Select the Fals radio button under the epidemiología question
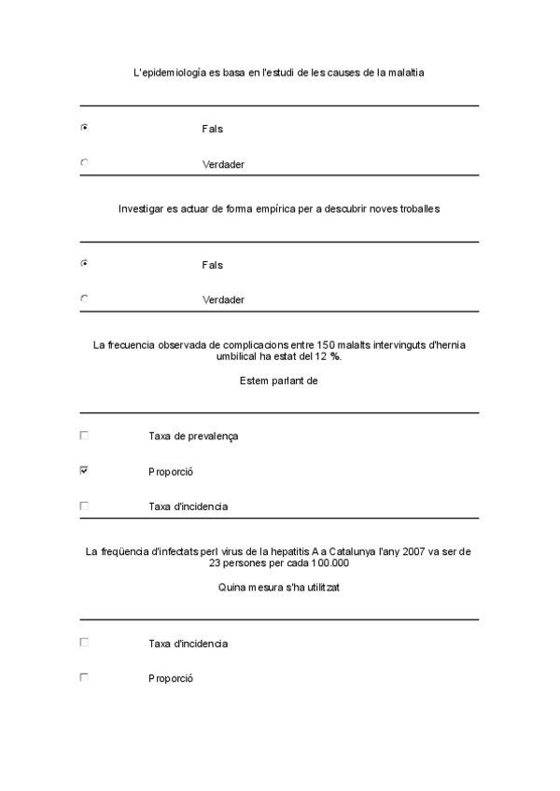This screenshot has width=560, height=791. click(84, 127)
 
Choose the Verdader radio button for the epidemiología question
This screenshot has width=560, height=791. click(84, 162)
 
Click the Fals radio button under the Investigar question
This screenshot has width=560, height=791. click(84, 263)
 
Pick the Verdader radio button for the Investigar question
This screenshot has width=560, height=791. click(84, 298)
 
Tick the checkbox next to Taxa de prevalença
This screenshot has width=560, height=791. click(84, 435)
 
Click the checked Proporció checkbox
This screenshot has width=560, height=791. click(84, 471)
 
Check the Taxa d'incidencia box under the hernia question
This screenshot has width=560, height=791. click(84, 506)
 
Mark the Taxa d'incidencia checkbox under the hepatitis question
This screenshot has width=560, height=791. click(84, 642)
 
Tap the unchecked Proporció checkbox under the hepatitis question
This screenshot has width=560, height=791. click(84, 677)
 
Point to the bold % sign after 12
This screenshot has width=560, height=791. click(335, 357)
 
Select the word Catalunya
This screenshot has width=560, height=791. click(347, 552)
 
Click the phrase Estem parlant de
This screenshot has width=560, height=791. click(279, 381)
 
